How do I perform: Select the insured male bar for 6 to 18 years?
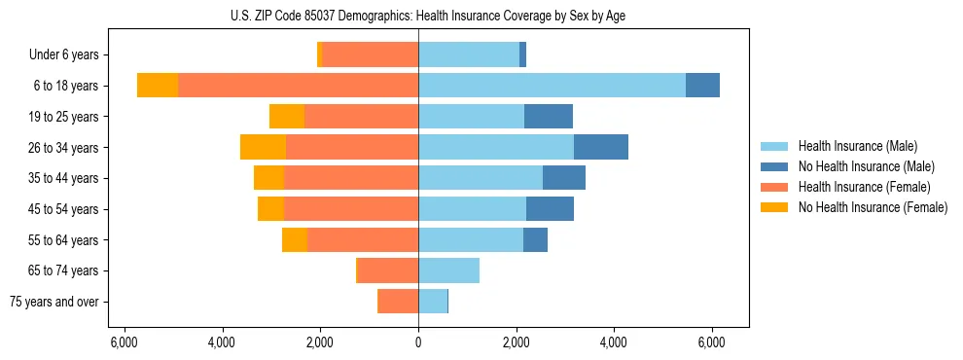tap(552, 86)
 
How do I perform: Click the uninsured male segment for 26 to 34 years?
tap(600, 147)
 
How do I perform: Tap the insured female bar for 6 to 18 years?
tap(298, 86)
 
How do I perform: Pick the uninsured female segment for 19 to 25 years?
tap(287, 117)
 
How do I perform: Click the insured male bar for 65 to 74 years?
tap(448, 270)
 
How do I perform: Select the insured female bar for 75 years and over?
tap(398, 302)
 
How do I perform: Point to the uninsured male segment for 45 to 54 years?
tap(550, 209)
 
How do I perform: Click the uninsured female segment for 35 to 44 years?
tap(268, 178)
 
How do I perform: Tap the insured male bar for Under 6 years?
tap(469, 54)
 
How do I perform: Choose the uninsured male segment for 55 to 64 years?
tap(535, 239)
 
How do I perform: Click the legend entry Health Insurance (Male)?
tap(857, 146)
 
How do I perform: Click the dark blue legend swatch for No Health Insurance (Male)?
tap(774, 166)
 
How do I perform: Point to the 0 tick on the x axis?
tap(418, 342)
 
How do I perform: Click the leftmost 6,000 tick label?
tap(124, 342)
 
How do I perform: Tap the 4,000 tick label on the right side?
tap(614, 342)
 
